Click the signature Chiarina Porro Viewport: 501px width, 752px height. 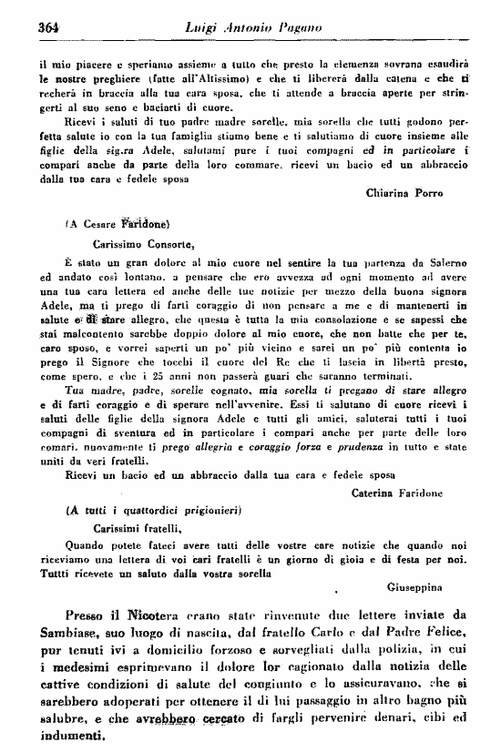click(x=404, y=193)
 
